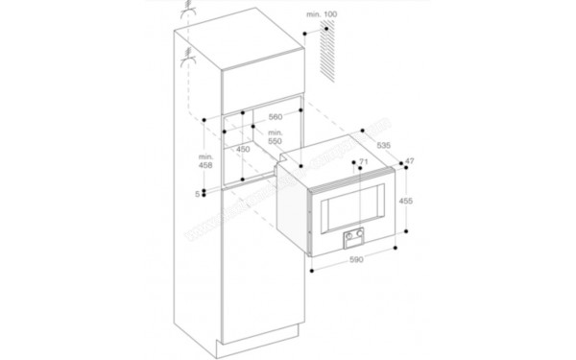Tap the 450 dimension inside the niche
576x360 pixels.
click(x=244, y=149)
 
